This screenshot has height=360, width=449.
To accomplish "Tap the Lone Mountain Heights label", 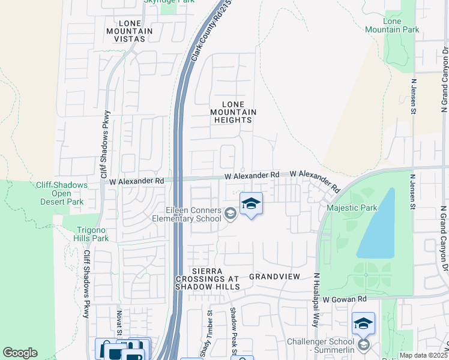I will [234, 112].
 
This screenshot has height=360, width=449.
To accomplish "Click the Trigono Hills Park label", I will [93, 234].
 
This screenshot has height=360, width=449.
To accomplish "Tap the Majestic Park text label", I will [351, 208].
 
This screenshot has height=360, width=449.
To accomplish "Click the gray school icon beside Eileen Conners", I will [230, 214].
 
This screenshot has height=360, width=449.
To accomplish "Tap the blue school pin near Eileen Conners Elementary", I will [251, 204].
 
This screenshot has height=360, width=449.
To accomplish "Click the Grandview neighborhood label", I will [274, 277].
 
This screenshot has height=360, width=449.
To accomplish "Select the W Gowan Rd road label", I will [344, 299].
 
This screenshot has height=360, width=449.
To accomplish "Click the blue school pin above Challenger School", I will [363, 324].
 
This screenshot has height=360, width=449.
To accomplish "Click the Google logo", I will [20, 353].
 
